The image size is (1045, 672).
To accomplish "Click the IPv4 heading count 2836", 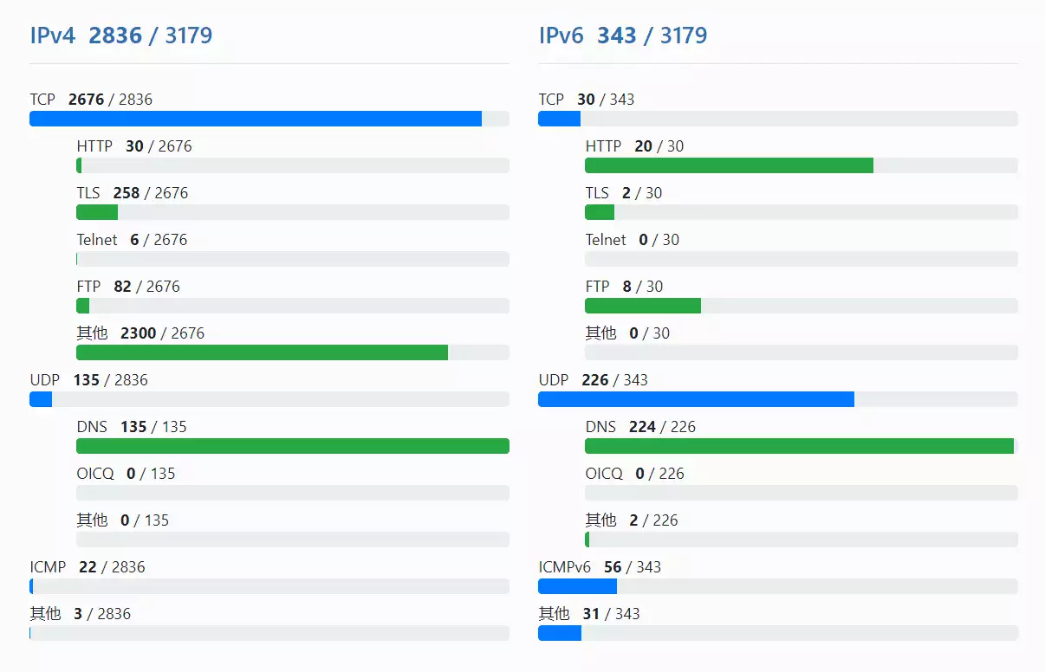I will coord(115,36).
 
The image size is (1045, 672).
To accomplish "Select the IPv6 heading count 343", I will coord(617,36).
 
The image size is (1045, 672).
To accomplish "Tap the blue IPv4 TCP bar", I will coord(256,119).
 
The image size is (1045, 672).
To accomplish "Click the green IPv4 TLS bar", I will coord(97,212).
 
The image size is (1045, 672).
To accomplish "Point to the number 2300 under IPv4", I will coord(139,333).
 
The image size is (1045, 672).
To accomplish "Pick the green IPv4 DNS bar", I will coord(293,446).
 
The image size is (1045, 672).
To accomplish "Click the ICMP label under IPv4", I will coord(48,567).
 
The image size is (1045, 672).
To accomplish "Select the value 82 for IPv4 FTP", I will coord(122,287).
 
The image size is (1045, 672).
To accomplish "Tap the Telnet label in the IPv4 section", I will coord(97,240).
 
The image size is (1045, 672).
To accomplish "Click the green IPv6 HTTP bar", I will coord(729,165).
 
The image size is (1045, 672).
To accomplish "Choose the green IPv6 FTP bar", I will coord(643,306).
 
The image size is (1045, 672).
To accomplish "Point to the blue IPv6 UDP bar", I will coord(696,399).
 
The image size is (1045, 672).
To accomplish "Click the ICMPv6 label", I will coord(564,567).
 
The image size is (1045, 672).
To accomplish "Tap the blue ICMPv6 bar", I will coord(577,586).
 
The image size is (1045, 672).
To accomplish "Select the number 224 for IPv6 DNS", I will coord(642,427).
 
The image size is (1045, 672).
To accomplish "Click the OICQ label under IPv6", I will coord(604,474).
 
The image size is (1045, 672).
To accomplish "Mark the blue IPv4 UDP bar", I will coord(41,399).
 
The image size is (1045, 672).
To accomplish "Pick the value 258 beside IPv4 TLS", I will coord(127,193).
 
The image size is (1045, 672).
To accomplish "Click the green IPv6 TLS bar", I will coord(600,212).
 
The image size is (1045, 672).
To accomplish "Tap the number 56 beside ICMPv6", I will coord(613,567).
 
